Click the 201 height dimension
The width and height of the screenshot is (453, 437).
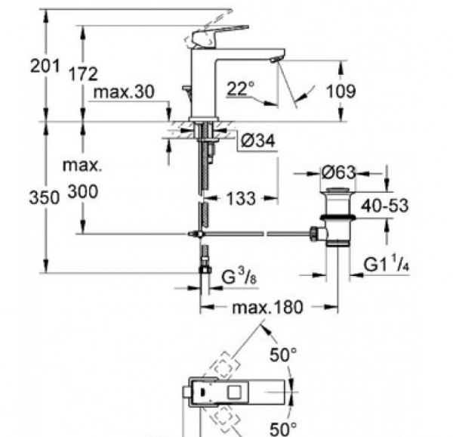pyautogui.click(x=45, y=67)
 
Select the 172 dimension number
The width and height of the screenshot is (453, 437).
pyautogui.click(x=83, y=74)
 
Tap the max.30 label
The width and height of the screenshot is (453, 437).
pyautogui.click(x=125, y=92)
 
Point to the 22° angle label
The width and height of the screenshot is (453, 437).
pyautogui.click(x=241, y=88)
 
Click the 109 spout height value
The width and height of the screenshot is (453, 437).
pyautogui.click(x=341, y=91)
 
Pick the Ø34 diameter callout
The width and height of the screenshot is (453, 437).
pyautogui.click(x=258, y=141)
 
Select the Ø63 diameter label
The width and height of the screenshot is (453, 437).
pyautogui.click(x=338, y=172)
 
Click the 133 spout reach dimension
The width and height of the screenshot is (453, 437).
pyautogui.click(x=241, y=199)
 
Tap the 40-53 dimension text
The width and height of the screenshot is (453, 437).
pyautogui.click(x=385, y=206)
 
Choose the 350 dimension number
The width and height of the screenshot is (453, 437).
pyautogui.click(x=45, y=198)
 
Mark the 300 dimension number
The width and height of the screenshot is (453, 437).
pyautogui.click(x=83, y=192)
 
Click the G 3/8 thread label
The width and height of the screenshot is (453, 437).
pyautogui.click(x=239, y=276)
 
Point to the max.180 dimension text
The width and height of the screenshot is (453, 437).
pyautogui.click(x=268, y=307)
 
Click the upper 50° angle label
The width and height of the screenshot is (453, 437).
pyautogui.click(x=283, y=355)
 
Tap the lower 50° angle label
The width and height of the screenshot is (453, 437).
pyautogui.click(x=283, y=429)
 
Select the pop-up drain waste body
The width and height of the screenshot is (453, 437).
pyautogui.click(x=337, y=218)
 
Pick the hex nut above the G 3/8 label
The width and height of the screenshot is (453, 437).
pyautogui.click(x=205, y=270)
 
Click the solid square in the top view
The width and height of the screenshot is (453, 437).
pyautogui.click(x=234, y=392)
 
